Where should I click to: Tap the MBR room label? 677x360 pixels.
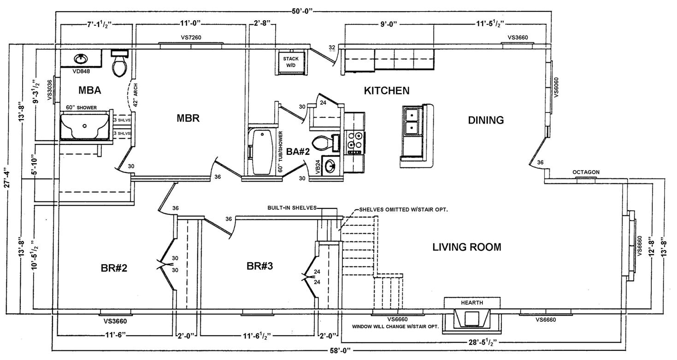coord(188,118)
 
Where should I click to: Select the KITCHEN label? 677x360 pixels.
coord(386,90)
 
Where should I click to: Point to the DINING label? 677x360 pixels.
coord(486,120)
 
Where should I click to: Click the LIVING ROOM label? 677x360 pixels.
coord(466,247)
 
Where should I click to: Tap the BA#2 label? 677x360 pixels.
coord(298,152)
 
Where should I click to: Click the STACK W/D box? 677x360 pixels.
coord(291,62)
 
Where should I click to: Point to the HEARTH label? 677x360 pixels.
coord(472,303)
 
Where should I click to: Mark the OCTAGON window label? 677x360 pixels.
coord(586,172)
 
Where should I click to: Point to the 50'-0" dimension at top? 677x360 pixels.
coord(305,10)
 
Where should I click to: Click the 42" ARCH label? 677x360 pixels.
coord(135,95)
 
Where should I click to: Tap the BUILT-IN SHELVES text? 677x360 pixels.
coord(292,208)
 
